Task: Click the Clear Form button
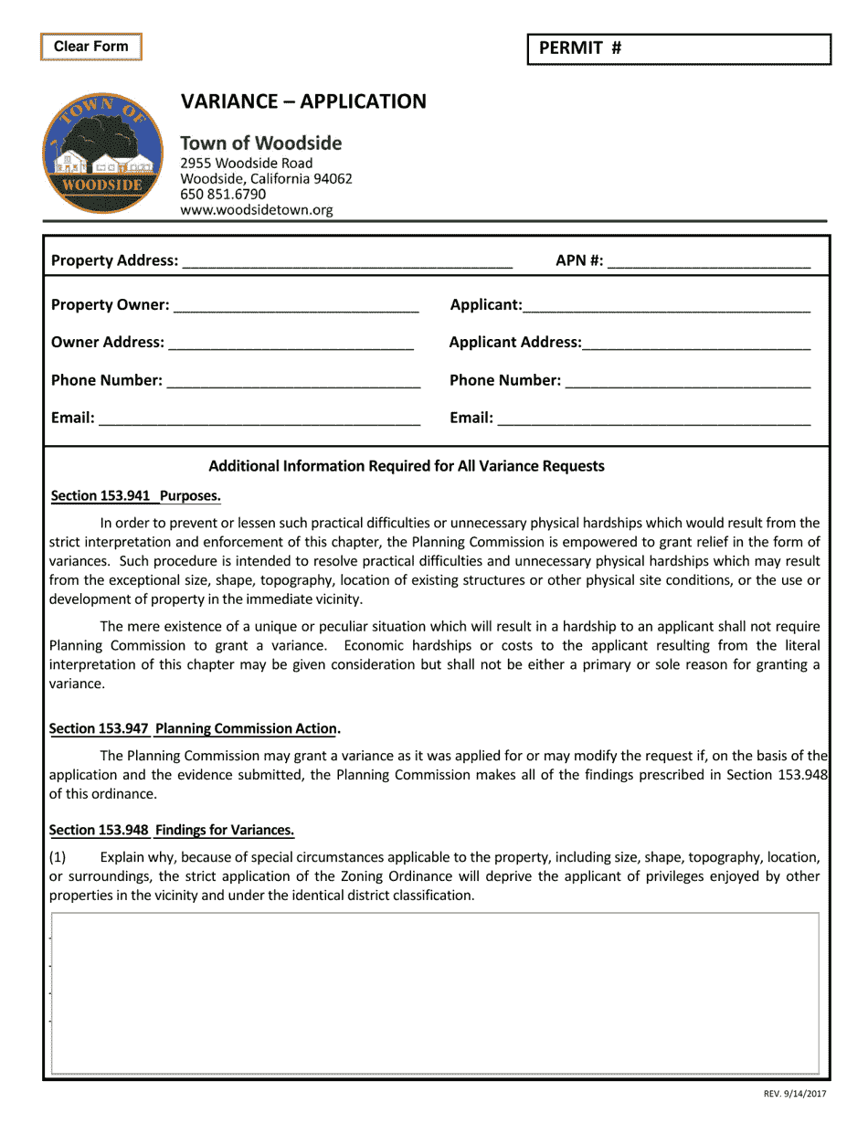[90, 47]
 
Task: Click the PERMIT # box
[679, 49]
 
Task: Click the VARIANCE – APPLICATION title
[303, 101]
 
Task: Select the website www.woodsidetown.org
[257, 210]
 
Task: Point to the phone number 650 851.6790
[223, 194]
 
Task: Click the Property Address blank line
[347, 261]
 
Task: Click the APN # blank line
[708, 261]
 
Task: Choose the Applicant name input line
[666, 305]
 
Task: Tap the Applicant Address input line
[695, 343]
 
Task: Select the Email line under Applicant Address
[653, 419]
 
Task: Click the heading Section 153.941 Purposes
[136, 496]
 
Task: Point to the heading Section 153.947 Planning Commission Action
[194, 729]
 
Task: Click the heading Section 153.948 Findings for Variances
[172, 831]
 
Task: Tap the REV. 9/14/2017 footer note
[795, 1094]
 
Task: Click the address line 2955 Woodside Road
[247, 164]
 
